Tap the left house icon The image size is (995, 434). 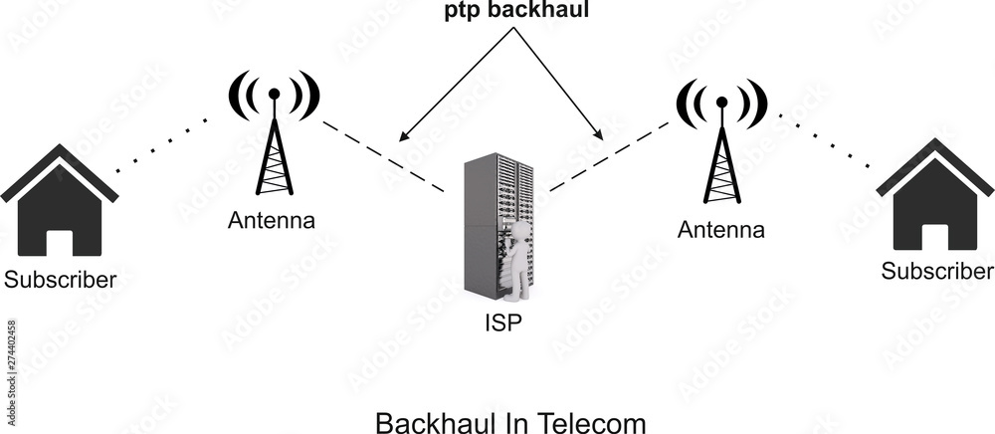coord(60,203)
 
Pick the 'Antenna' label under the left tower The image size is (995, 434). coord(272,221)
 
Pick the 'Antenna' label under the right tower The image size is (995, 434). coord(721,231)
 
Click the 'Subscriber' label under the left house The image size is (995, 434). coord(60,280)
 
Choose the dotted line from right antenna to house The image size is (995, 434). coord(831,141)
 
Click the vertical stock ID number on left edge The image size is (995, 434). coord(11,353)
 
